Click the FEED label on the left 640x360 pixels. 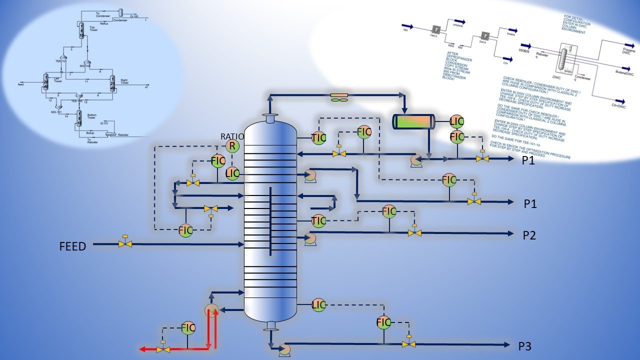[72, 246]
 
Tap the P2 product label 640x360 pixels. [529, 235]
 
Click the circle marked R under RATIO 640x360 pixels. [232, 146]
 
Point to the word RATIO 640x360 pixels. [232, 136]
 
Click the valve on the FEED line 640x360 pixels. [125, 243]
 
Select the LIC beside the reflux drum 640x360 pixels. [457, 121]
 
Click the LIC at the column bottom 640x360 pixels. [319, 304]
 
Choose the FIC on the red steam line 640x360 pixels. [188, 328]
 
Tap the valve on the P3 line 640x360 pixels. [409, 343]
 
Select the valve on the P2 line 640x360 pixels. [414, 232]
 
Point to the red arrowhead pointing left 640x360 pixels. [144, 348]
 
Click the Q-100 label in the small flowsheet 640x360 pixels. [134, 16]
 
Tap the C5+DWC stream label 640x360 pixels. [621, 106]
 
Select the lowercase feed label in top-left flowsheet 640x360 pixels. [20, 84]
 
